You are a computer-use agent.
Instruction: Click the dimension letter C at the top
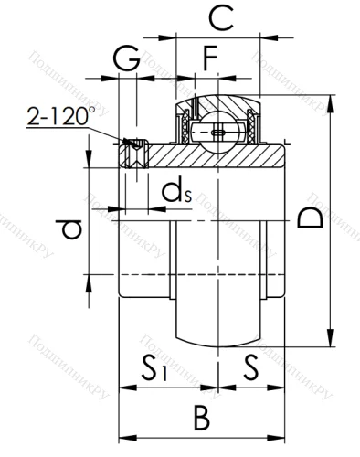click(217, 17)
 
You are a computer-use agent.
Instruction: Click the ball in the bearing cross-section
click(217, 130)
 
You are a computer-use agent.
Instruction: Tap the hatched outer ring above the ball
click(217, 101)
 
